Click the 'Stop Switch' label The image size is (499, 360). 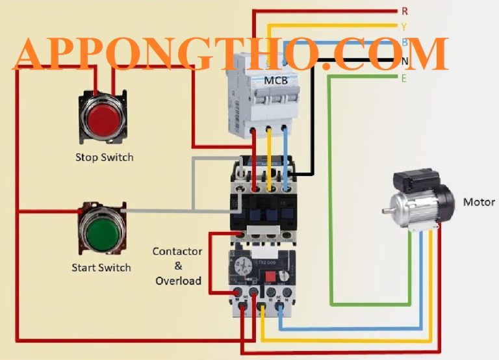click(x=104, y=157)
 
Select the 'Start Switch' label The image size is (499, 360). click(x=101, y=268)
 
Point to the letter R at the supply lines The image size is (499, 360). click(x=404, y=11)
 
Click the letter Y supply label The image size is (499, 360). click(x=403, y=27)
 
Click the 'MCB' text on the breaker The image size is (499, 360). click(x=275, y=81)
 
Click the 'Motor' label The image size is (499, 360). click(x=479, y=202)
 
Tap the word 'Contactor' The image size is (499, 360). click(x=177, y=251)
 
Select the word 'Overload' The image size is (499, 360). click(x=177, y=281)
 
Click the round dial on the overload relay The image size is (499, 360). click(x=245, y=266)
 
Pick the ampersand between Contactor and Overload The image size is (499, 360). click(x=178, y=266)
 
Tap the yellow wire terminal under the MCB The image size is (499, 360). click(x=268, y=131)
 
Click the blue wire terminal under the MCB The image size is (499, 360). click(x=284, y=131)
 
